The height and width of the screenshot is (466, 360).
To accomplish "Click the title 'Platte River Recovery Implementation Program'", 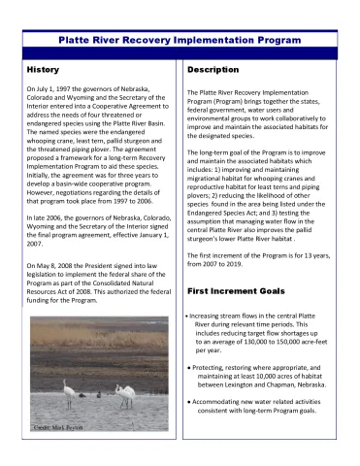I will (x=180, y=43).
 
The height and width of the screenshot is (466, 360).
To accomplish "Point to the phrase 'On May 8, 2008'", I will (x=56, y=265).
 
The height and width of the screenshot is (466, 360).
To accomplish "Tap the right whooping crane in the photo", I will (x=125, y=397).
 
